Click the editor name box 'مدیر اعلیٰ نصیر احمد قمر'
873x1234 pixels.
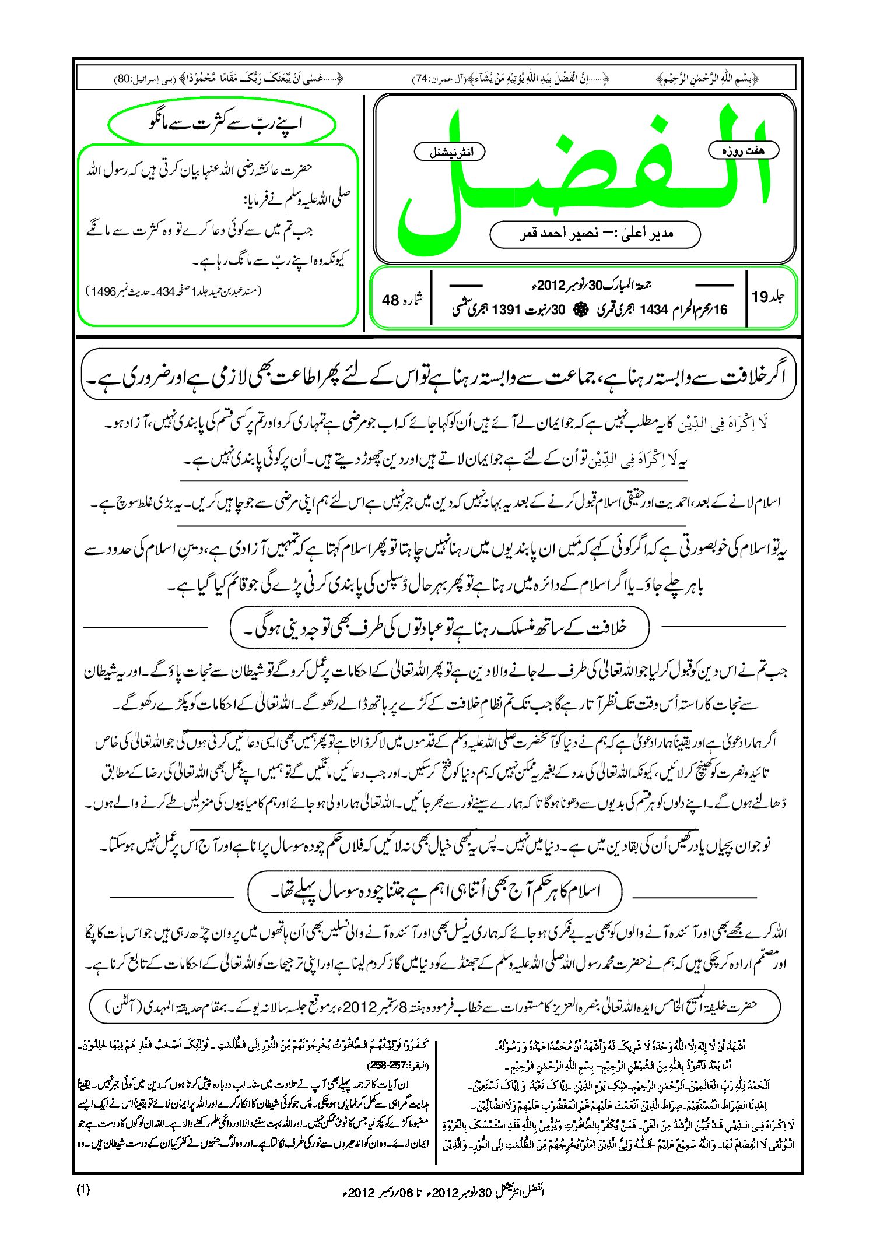595,234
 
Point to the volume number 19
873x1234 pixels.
760,297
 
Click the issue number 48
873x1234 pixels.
390,300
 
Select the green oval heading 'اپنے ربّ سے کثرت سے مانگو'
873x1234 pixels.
222,124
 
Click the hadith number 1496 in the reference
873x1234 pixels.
101,291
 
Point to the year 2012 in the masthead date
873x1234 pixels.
551,286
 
